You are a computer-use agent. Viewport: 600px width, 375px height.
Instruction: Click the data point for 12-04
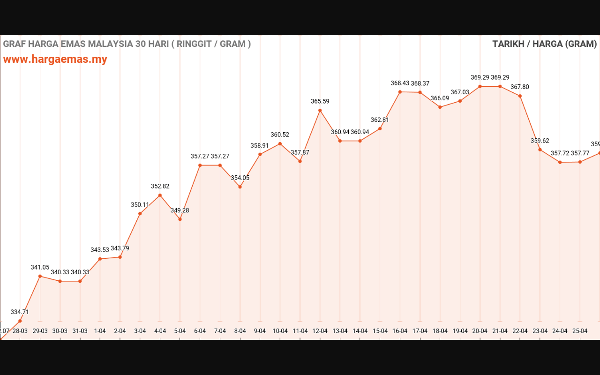coord(320,111)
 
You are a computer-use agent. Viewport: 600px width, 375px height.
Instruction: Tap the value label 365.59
coord(320,101)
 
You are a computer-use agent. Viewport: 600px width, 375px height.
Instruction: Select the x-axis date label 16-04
coord(400,331)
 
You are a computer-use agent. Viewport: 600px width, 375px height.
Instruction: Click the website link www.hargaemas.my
coord(55,60)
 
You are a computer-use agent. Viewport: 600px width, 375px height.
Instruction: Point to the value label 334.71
coord(20,312)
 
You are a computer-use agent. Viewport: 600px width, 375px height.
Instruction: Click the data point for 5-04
coord(180,219)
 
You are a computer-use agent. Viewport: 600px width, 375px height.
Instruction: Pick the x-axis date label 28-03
coord(20,331)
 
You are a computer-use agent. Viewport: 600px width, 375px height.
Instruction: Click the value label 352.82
coord(160,186)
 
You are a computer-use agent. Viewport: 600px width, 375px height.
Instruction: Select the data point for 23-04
coord(540,150)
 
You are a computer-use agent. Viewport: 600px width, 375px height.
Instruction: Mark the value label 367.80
coord(520,87)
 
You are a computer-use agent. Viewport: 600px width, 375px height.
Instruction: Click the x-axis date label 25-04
coord(580,331)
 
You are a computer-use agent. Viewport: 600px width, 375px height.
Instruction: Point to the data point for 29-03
coord(40,276)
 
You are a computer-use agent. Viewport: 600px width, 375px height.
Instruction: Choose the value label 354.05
coord(240,178)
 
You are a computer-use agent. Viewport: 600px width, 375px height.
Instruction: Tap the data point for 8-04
coord(240,187)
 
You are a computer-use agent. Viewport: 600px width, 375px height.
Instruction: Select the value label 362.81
coord(380,120)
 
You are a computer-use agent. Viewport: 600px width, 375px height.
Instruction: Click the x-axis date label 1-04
coord(100,331)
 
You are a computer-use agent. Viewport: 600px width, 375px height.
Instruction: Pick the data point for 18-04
coord(440,107)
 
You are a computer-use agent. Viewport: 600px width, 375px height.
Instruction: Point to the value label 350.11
coord(140,204)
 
